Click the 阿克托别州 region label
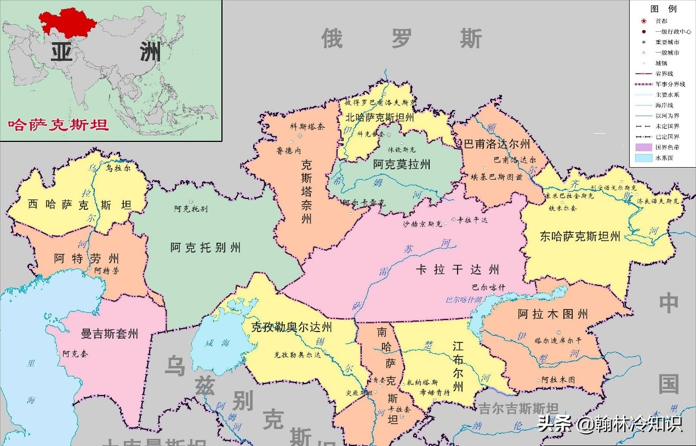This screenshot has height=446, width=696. [206, 248]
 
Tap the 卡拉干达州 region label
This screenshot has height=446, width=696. [458, 270]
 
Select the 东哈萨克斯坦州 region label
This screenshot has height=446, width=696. [580, 237]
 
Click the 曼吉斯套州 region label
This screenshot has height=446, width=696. [109, 334]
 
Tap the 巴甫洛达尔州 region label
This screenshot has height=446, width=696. [497, 145]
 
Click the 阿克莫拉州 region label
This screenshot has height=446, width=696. [402, 164]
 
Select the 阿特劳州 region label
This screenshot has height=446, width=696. [87, 258]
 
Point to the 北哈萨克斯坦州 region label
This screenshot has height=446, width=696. [379, 117]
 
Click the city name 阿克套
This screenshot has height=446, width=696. [75, 354]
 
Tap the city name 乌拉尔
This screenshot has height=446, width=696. [118, 168]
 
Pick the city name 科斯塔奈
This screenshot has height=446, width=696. [307, 126]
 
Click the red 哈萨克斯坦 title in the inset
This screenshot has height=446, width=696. [58, 124]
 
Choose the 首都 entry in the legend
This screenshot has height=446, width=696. [661, 21]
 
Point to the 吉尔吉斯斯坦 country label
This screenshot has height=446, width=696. [518, 409]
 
